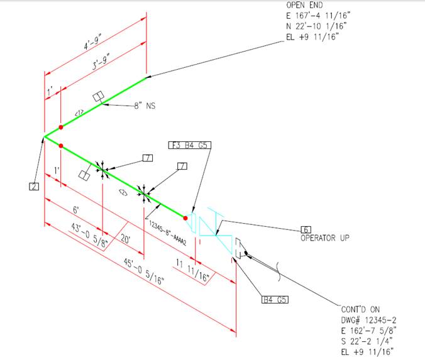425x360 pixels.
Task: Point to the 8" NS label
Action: pyautogui.click(x=144, y=106)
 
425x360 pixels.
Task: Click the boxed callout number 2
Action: pyautogui.click(x=34, y=186)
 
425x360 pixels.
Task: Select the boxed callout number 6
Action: pyautogui.click(x=306, y=229)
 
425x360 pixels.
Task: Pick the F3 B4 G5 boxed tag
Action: pyautogui.click(x=190, y=145)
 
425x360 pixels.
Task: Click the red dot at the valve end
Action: pyautogui.click(x=186, y=217)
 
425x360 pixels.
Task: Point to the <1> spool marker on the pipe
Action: pyautogui.click(x=79, y=113)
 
